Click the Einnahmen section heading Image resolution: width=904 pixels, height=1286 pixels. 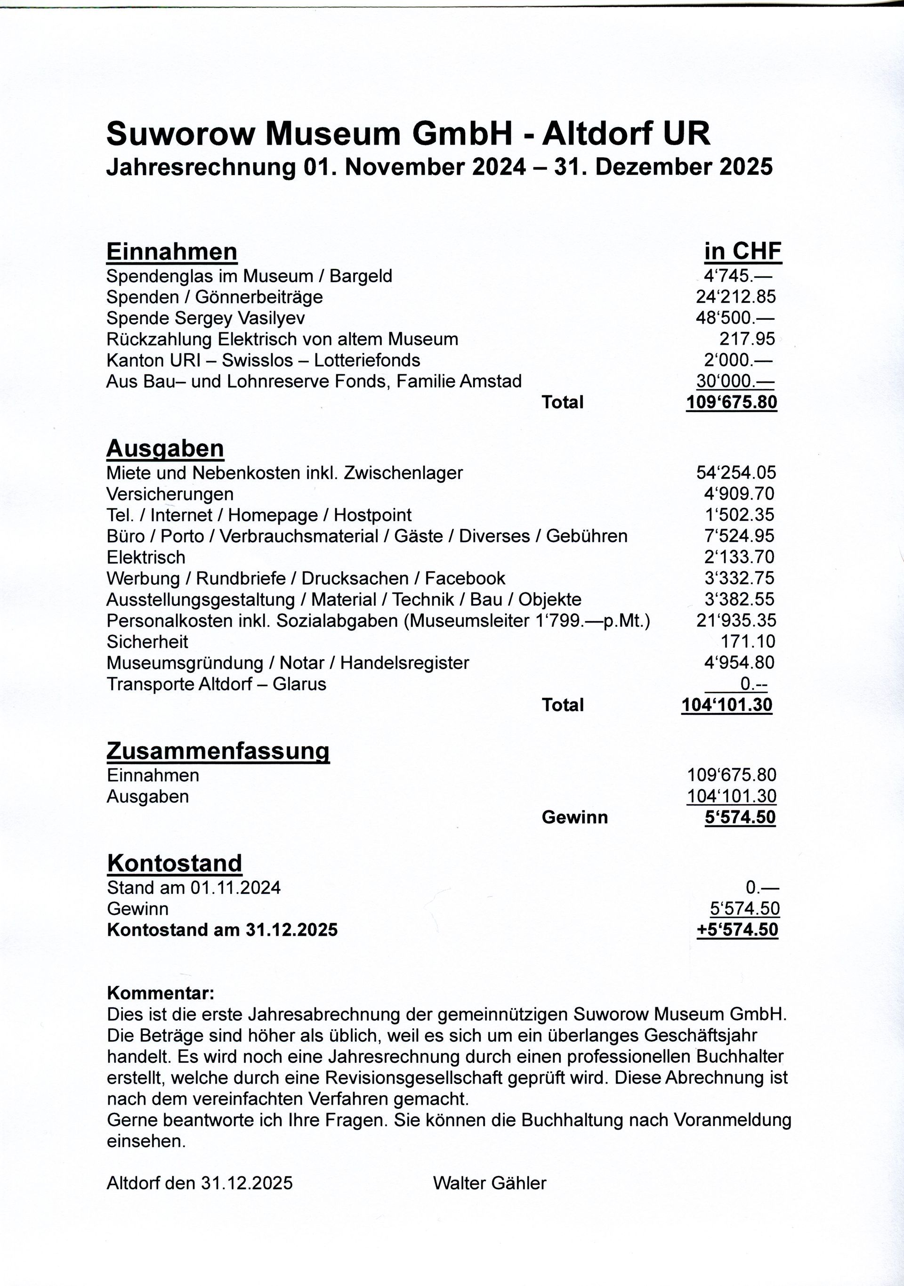(x=171, y=251)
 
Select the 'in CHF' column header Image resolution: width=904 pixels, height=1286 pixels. (x=742, y=251)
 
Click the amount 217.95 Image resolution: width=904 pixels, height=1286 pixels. (x=747, y=339)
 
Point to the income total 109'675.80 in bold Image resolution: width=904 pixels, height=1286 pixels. (x=732, y=402)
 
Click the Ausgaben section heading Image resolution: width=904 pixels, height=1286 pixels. (x=165, y=448)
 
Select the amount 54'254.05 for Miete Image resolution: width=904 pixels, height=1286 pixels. (x=736, y=473)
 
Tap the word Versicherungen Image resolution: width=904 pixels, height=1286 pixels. (x=169, y=494)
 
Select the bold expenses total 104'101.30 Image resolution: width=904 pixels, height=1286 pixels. (x=726, y=705)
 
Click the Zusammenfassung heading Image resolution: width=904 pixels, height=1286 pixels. (x=218, y=751)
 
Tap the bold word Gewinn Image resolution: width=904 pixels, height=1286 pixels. (x=574, y=817)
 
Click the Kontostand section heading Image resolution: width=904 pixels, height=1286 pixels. (x=175, y=863)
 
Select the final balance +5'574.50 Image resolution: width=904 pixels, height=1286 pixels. (x=737, y=930)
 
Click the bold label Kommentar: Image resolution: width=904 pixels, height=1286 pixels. (x=160, y=994)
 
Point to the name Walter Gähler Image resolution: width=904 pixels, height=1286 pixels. (x=489, y=1183)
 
